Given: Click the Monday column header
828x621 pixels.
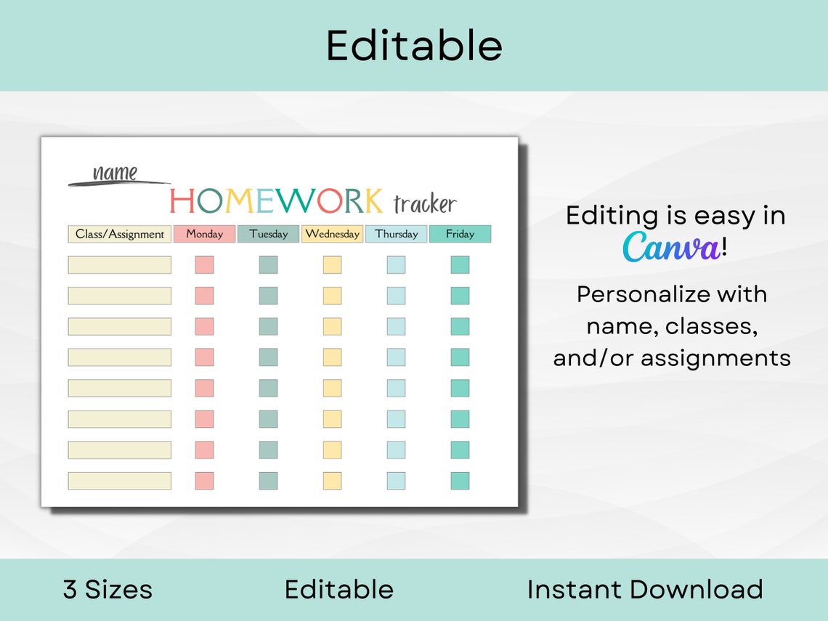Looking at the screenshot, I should [204, 234].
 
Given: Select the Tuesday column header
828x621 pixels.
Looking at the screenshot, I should [268, 234].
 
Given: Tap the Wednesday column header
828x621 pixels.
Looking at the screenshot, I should [332, 234].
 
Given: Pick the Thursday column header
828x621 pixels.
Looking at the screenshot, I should [397, 234].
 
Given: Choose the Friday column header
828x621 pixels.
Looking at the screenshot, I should [460, 234].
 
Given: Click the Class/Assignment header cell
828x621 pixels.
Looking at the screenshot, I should [120, 234].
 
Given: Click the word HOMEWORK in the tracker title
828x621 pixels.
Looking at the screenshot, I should [276, 201].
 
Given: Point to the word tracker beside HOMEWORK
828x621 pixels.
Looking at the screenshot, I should [425, 204].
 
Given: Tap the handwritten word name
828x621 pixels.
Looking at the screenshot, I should [115, 173].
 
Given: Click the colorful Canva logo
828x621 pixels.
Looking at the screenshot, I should [671, 247].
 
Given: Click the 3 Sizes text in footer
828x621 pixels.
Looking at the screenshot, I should [107, 589].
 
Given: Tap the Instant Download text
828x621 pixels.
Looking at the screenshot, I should [645, 589].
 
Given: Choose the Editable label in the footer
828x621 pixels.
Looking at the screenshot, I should [338, 589].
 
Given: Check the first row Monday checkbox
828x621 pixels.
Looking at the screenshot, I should [204, 265].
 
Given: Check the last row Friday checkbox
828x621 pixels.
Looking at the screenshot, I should [460, 481].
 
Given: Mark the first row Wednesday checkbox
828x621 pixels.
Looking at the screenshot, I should [332, 265].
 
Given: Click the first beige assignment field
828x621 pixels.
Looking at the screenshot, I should [120, 265].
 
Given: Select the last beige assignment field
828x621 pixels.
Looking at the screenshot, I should [120, 481].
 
